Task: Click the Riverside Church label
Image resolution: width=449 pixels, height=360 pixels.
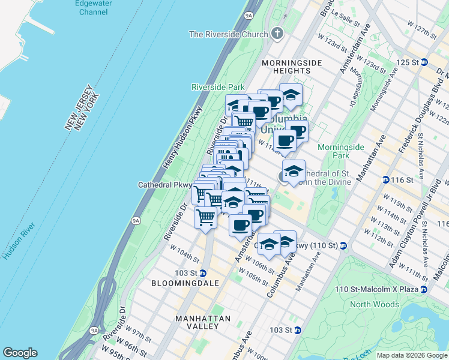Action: coord(228,34)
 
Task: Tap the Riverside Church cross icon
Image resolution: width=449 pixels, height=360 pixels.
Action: coord(277,34)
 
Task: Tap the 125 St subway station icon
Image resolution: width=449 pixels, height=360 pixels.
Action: coord(424,62)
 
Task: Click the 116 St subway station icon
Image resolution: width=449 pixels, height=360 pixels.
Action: coord(385,179)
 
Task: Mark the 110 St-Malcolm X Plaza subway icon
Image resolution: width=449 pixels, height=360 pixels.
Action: coord(425,289)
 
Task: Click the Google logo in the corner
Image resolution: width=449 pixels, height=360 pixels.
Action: coord(20,353)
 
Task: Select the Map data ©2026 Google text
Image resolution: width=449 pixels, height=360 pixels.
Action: coord(412,355)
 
